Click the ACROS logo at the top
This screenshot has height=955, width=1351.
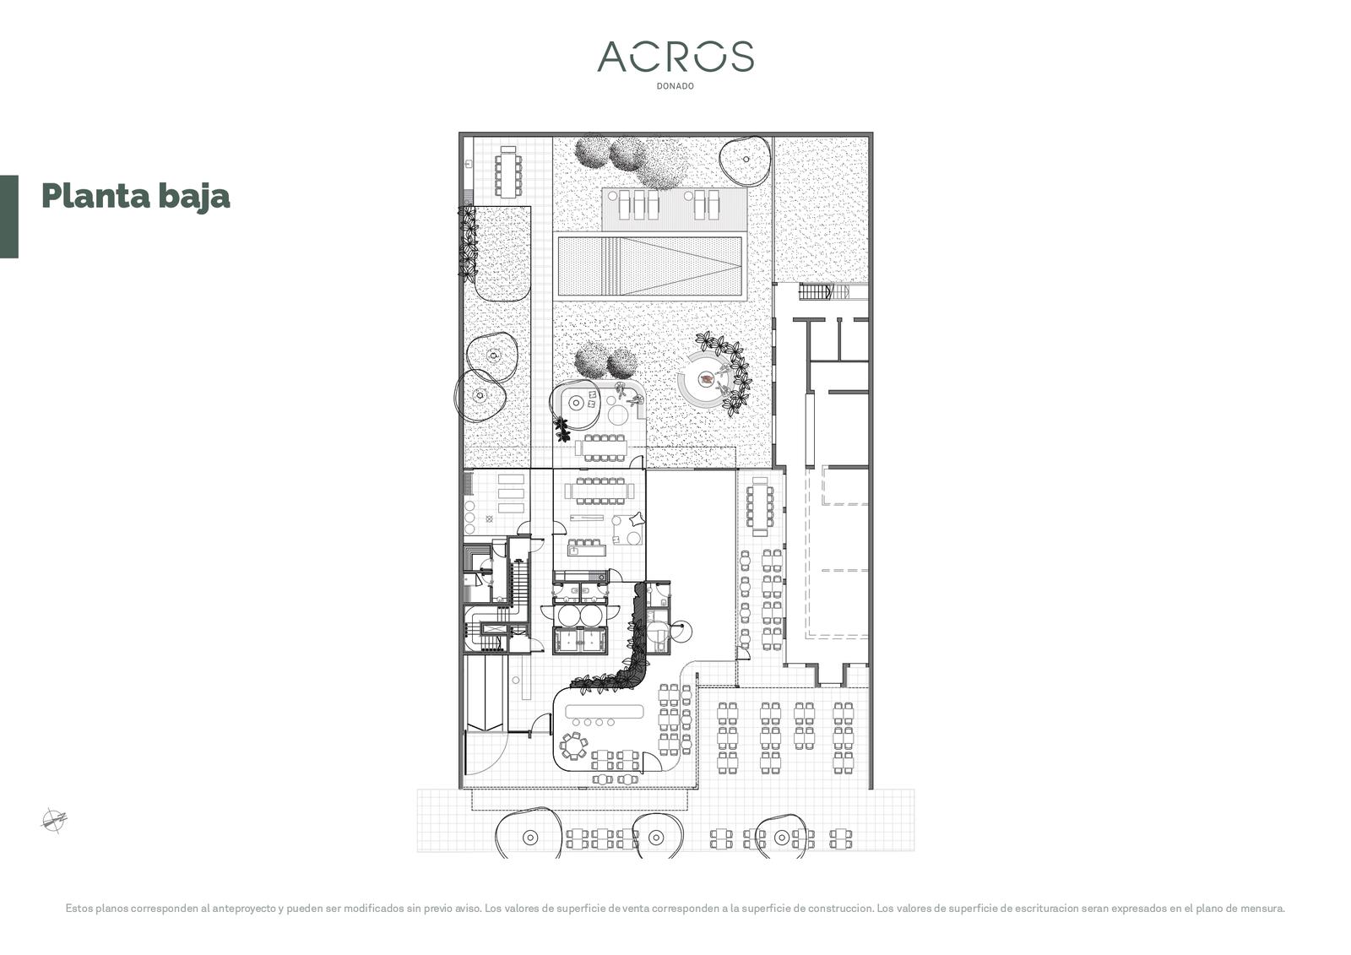[x=675, y=57]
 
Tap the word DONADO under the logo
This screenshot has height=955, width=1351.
[x=675, y=86]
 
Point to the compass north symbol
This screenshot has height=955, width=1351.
[x=54, y=820]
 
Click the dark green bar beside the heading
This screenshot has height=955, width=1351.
[x=9, y=216]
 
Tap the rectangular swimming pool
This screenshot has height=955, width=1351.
[x=649, y=266]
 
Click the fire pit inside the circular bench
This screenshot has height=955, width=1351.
[x=706, y=379]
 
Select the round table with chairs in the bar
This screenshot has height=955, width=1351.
[x=573, y=746]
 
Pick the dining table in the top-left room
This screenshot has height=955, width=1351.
[x=507, y=171]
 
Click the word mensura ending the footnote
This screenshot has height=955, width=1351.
[x=1266, y=908]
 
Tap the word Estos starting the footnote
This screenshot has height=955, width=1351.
[x=79, y=908]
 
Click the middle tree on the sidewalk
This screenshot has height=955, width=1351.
[x=658, y=836]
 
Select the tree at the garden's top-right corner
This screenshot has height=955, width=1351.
[x=746, y=160]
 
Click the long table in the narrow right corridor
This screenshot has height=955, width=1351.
[x=760, y=506]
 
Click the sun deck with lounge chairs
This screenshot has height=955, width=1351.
[x=675, y=209]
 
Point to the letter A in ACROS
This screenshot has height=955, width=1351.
[x=614, y=57]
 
